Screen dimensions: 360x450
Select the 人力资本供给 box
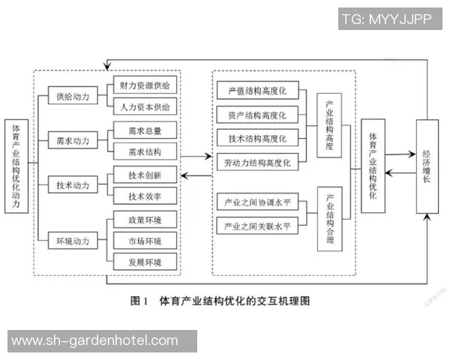tap(145, 106)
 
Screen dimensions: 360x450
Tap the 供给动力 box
tap(73, 96)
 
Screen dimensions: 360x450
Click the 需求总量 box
tap(145, 130)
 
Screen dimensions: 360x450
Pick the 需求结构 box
tap(145, 151)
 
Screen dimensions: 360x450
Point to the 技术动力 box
tap(73, 184)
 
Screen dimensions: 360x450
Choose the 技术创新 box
tap(145, 175)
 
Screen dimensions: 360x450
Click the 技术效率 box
tap(145, 196)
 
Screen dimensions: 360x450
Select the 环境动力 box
tap(73, 241)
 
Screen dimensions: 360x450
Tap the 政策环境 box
tap(145, 220)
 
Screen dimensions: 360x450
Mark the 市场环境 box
tap(145, 241)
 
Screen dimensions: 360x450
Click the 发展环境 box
tap(145, 262)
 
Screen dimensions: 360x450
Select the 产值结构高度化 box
tap(258, 91)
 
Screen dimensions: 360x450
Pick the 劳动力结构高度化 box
tap(258, 162)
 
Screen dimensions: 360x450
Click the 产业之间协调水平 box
tap(258, 203)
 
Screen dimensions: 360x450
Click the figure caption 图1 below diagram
tap(220, 301)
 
